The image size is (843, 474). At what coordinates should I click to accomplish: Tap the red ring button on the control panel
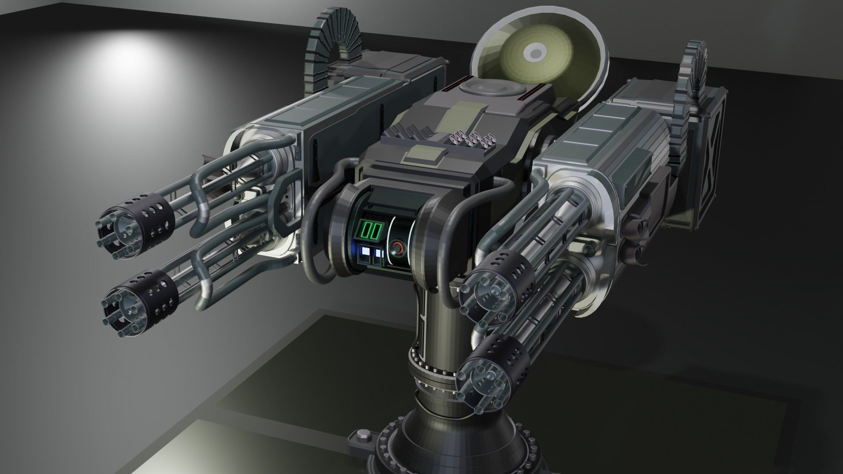398,248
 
